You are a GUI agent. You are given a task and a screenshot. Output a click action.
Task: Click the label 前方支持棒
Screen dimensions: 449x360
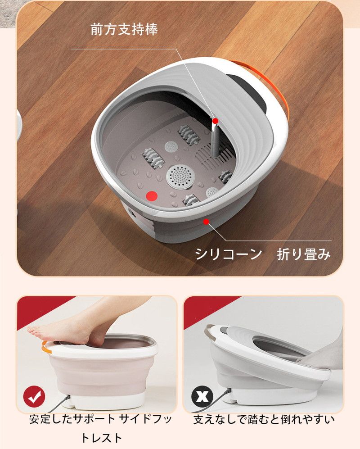(x=124, y=30)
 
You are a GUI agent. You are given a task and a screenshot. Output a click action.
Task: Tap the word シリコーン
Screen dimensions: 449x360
(x=228, y=254)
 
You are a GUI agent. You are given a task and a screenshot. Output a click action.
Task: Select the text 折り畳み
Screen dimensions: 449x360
(x=304, y=254)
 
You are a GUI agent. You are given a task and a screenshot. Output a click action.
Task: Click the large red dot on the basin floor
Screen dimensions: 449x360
(x=152, y=196)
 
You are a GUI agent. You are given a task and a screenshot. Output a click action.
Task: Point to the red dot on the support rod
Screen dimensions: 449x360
(x=216, y=121)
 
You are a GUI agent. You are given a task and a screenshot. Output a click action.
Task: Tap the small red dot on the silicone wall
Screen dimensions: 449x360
(x=206, y=221)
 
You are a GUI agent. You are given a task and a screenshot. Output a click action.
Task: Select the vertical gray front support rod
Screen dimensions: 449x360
(x=215, y=140)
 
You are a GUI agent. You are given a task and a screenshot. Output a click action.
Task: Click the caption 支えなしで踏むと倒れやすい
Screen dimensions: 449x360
(x=264, y=420)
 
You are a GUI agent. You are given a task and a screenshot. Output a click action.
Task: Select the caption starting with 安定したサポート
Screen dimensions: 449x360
(x=100, y=420)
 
